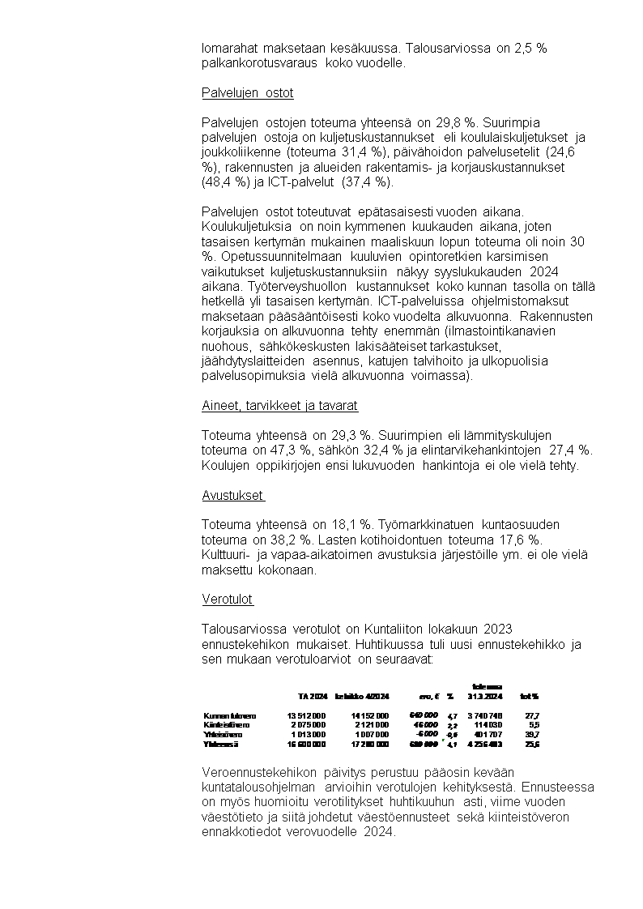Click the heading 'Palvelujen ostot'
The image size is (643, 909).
(x=247, y=92)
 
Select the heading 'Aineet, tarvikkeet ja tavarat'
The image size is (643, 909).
(x=279, y=405)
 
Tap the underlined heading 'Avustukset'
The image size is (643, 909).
(x=233, y=495)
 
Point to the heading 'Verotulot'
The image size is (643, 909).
(x=227, y=600)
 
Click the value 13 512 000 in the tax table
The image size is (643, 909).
(x=306, y=715)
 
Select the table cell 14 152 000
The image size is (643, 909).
(x=370, y=715)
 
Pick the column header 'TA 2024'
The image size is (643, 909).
(x=312, y=696)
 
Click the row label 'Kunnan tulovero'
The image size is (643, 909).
(x=230, y=715)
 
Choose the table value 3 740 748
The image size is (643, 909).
(x=484, y=715)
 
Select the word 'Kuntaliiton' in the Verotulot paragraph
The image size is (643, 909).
(x=403, y=629)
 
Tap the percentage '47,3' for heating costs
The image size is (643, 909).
(x=272, y=450)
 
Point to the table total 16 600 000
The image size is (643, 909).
(x=306, y=743)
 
